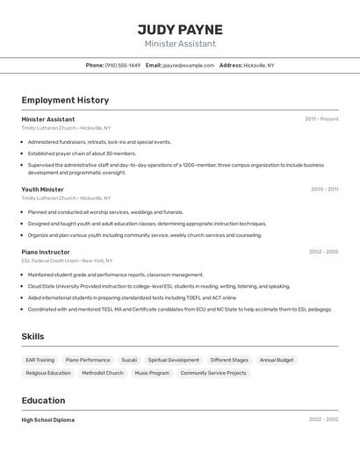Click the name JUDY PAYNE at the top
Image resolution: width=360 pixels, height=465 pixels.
click(180, 30)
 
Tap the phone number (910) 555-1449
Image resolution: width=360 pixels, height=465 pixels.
click(122, 65)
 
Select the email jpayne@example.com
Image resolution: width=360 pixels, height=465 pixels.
click(188, 65)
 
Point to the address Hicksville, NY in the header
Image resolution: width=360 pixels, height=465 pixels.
click(258, 65)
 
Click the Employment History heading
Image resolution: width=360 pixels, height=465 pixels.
click(65, 100)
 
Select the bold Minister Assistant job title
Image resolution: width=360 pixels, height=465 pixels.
click(48, 119)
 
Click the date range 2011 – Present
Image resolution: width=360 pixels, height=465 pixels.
click(321, 119)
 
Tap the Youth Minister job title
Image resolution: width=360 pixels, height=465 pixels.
click(43, 190)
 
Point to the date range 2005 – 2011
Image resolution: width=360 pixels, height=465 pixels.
click(324, 190)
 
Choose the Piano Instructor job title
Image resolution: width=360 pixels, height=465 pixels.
click(46, 252)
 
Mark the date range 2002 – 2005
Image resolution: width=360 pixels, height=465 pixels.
click(323, 252)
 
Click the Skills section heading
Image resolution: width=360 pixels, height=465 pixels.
click(32, 336)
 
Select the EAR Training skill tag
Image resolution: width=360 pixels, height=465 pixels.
click(40, 360)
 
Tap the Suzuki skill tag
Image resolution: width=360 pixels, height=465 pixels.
click(129, 360)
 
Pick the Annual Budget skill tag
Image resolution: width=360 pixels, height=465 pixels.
click(277, 360)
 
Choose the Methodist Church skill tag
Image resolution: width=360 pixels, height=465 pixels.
click(103, 373)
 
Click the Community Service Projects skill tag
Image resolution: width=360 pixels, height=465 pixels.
click(213, 373)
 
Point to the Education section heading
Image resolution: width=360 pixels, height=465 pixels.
click(44, 400)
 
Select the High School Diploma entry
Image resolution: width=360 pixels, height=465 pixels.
click(48, 420)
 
